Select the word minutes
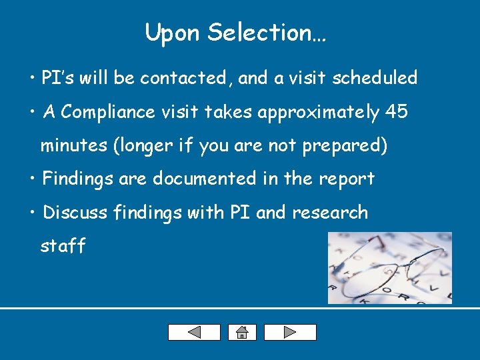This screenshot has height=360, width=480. pos(74,146)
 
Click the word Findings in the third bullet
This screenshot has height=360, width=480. pos(73,179)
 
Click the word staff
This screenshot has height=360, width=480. pos(63,246)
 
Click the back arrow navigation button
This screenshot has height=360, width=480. pos(193,332)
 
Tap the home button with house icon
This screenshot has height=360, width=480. pos(241,332)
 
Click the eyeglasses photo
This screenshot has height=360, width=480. pos(389,268)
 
